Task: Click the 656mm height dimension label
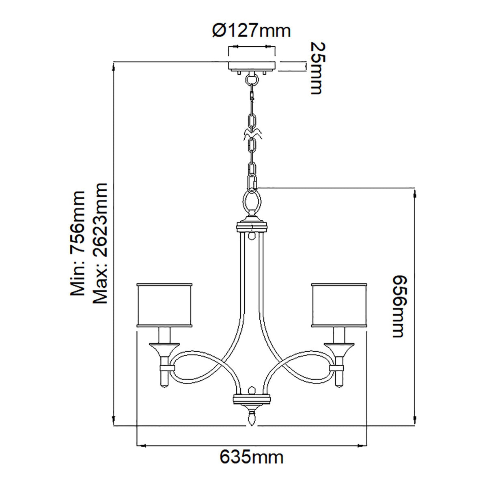[398, 306]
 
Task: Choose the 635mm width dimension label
[252, 458]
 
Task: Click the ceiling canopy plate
[252, 65]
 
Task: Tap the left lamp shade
[164, 305]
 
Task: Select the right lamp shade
[339, 305]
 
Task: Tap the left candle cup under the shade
[164, 349]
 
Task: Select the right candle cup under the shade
[339, 349]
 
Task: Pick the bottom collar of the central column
[252, 399]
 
